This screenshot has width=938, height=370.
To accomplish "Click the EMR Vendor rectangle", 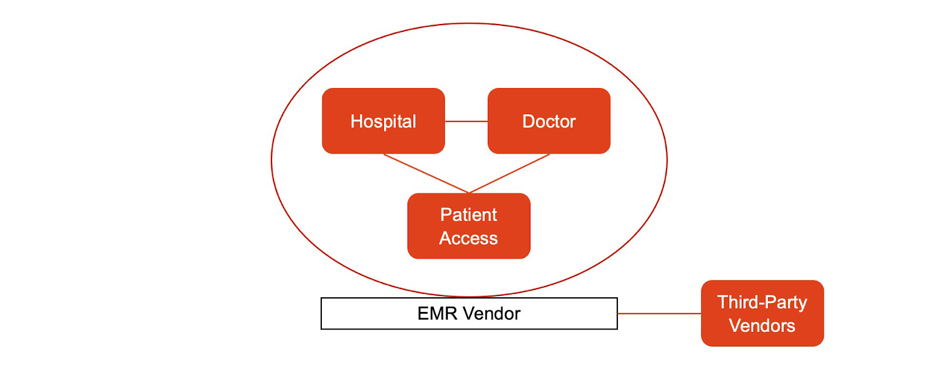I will click(x=363, y=314).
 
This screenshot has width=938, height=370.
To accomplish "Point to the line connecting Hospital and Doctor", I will click(x=466, y=121).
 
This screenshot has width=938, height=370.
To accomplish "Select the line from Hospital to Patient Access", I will click(x=426, y=174).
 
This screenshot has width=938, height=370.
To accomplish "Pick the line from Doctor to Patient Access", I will click(x=509, y=174).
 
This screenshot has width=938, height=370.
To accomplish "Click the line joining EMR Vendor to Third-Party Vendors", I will click(x=660, y=314).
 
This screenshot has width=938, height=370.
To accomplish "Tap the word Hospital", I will click(x=383, y=121).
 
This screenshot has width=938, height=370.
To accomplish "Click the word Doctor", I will click(x=549, y=121).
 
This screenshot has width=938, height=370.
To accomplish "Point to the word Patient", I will click(x=468, y=215).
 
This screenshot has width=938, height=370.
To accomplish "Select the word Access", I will click(x=468, y=238).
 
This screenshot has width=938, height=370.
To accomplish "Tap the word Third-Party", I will click(x=762, y=302).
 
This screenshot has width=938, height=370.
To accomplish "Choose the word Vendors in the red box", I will click(x=762, y=325).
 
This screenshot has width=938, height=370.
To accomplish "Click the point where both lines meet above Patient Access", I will click(x=469, y=192).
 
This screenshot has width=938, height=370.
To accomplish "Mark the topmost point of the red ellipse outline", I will click(x=469, y=23).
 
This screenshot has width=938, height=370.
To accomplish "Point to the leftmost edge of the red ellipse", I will click(x=271, y=160).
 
